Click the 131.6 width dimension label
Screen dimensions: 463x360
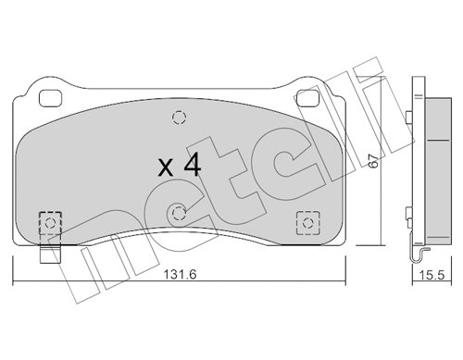coord(180,274)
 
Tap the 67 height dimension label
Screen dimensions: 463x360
coord(374,161)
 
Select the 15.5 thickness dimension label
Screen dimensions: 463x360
coord(432,275)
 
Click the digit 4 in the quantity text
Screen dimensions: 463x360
coord(193,165)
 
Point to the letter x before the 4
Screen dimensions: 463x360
coord(166,168)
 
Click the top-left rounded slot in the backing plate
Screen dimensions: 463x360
coord(51,98)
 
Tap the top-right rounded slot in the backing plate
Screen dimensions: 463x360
coord(307,98)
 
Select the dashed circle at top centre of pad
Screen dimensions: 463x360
coord(179,118)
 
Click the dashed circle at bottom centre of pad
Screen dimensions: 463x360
coord(179,213)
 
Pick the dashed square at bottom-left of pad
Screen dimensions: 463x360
coord(50,223)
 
